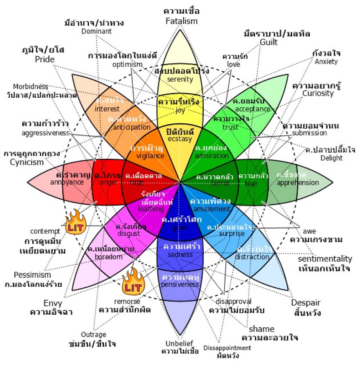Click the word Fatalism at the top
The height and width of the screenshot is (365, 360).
182,21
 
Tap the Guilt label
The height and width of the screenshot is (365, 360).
268,42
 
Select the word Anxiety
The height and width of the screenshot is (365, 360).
326,62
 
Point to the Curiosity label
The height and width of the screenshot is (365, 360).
318,93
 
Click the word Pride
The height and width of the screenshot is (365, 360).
45,59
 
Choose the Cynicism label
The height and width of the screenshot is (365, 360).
27,162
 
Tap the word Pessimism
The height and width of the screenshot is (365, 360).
32,275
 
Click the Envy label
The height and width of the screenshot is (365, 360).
52,304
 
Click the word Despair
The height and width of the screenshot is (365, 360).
306,303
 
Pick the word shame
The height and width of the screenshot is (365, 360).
261,329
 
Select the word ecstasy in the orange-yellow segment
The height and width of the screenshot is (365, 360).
180,139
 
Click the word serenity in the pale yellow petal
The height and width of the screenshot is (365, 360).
180,79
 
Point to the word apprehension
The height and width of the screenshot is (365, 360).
298,182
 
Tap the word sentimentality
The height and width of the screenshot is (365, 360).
325,259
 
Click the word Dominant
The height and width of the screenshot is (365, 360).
96,31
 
